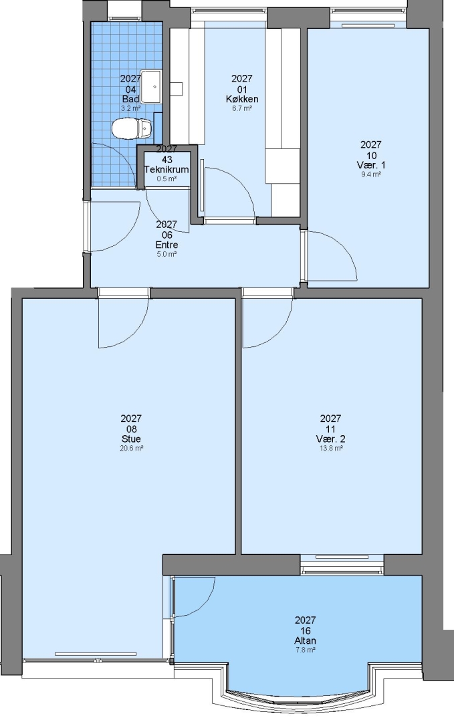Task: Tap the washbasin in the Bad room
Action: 150,86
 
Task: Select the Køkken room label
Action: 242,99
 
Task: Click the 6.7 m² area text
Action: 242,109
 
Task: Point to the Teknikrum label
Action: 166,169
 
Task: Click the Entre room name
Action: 166,245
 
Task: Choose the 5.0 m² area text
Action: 166,254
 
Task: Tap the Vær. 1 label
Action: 371,165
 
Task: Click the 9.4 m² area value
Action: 371,174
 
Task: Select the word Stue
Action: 131,439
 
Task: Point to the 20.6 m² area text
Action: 131,448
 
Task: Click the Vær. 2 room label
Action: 330,439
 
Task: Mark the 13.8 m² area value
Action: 330,448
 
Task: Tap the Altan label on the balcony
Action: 306,640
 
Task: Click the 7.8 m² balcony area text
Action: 306,650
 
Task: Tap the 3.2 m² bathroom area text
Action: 130,109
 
